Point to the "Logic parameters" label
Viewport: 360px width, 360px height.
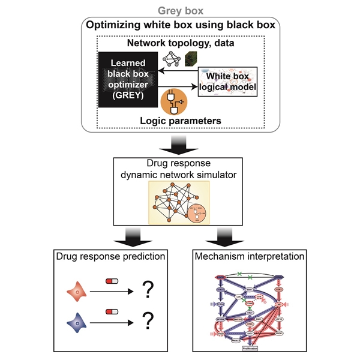pyautogui.click(x=179, y=121)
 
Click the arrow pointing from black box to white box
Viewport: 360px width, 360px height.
pyautogui.click(x=179, y=88)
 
